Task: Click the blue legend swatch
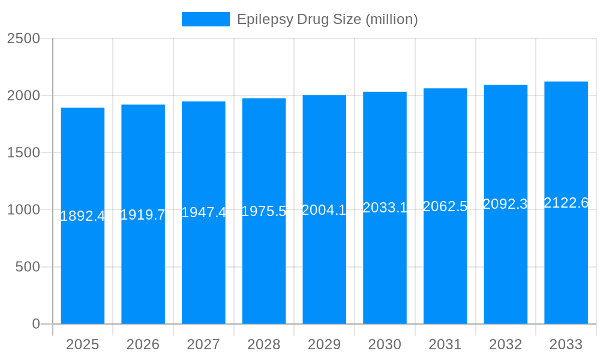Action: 205,19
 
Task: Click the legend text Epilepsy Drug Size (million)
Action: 327,19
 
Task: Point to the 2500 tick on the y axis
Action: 23,38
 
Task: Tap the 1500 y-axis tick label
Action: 23,152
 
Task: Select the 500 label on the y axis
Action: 28,266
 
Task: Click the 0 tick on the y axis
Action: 35,324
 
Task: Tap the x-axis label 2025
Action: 82,344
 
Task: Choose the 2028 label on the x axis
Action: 264,344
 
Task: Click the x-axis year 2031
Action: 445,344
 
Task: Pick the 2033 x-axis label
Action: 566,344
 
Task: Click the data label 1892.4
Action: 83,216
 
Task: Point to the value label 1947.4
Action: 203,212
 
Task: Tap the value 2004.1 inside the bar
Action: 324,209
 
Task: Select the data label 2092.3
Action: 505,204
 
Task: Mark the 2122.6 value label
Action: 566,203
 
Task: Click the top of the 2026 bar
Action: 143,105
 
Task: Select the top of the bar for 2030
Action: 385,92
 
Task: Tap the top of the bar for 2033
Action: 566,82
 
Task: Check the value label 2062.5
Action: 445,206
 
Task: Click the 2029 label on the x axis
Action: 324,344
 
